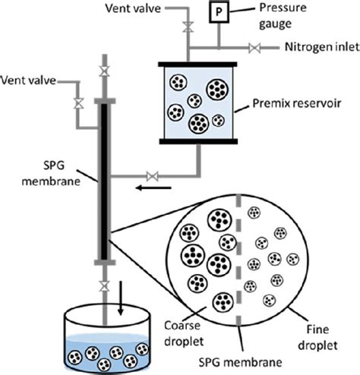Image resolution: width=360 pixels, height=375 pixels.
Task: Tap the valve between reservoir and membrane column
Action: click(x=153, y=176)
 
